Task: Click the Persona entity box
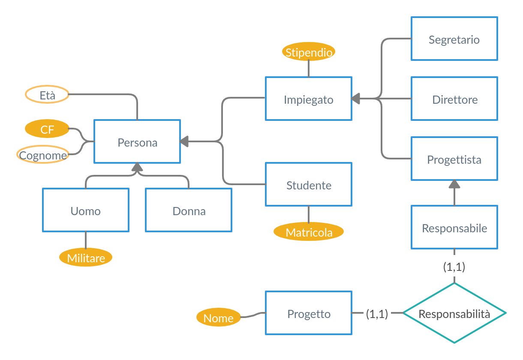137,141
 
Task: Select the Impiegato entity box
309,99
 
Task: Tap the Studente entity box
309,184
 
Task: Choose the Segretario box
454,39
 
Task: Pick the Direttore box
454,99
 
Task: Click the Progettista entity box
454,159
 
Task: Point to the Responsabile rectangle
454,227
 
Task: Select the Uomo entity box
86,210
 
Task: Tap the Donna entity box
189,210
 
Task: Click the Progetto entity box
309,313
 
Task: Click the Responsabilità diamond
454,313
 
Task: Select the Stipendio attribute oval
309,52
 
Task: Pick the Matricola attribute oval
309,232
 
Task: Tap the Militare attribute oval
86,258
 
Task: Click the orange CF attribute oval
47,129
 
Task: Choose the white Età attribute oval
47,95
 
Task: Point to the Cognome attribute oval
43,155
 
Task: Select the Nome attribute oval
218,318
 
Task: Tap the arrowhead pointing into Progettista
454,184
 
